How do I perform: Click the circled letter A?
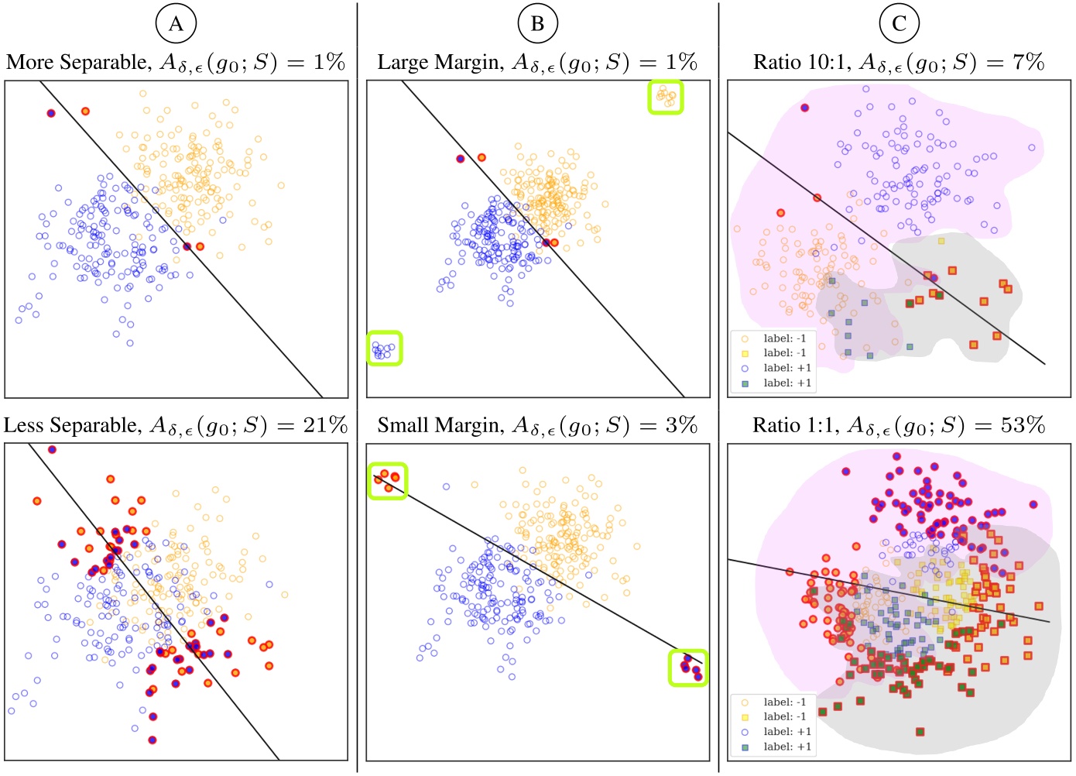[x=176, y=24]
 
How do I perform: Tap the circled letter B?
[x=537, y=24]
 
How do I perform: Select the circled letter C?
[x=899, y=24]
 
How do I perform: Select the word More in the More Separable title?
[x=30, y=63]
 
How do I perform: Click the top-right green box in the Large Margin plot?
[x=666, y=97]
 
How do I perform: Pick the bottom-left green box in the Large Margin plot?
[x=384, y=348]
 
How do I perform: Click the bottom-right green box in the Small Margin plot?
[x=688, y=668]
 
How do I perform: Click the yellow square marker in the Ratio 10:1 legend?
[x=745, y=353]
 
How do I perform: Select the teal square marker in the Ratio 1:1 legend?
[x=745, y=747]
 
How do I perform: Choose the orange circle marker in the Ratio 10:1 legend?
[x=745, y=338]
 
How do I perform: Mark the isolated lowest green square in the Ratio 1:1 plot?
[x=920, y=731]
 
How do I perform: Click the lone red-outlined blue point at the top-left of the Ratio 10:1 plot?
[x=805, y=108]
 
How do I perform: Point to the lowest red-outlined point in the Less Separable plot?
[x=152, y=740]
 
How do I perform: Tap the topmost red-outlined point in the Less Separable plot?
[x=52, y=449]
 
